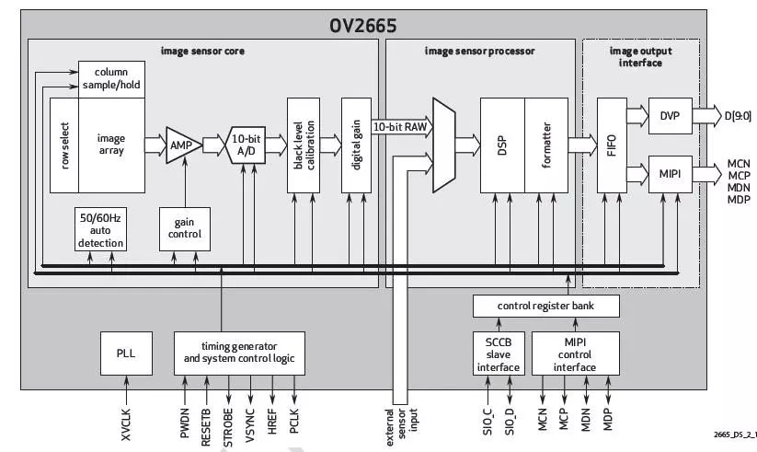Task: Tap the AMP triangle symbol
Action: pos(180,144)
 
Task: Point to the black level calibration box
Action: pos(304,144)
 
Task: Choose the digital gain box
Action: pos(355,144)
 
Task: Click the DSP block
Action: pos(502,144)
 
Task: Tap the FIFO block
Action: pos(612,144)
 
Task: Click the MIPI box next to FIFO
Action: pos(669,173)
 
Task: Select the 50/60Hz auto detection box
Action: pos(99,228)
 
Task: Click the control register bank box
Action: pos(543,305)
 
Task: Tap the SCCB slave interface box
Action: pos(497,353)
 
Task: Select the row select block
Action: pos(63,145)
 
